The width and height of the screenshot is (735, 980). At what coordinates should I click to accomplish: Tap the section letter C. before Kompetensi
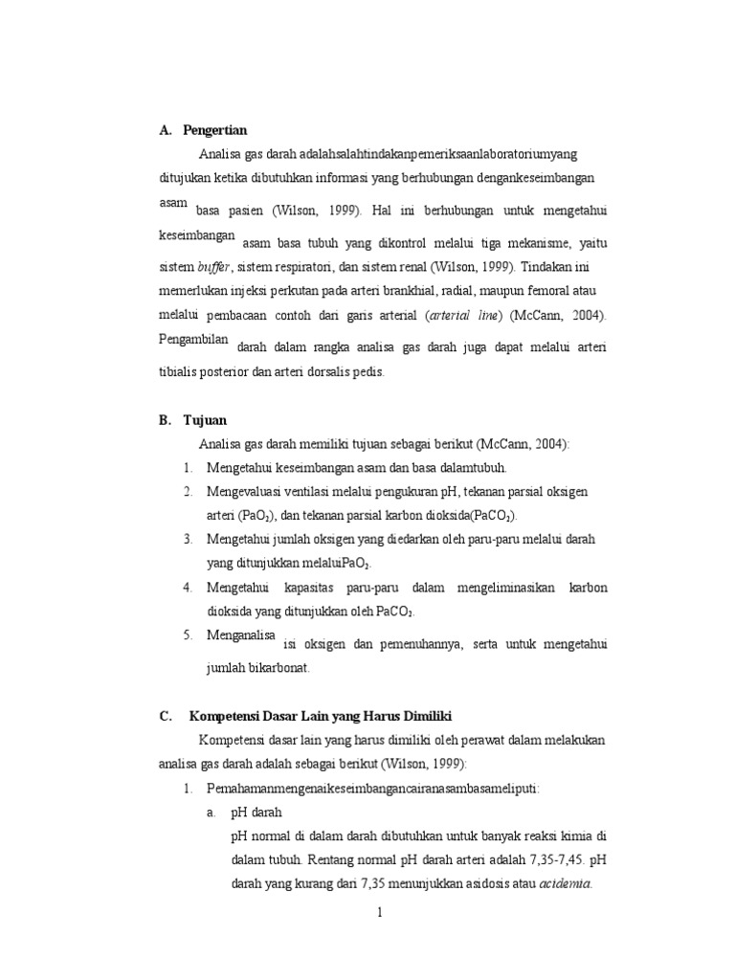pyautogui.click(x=166, y=716)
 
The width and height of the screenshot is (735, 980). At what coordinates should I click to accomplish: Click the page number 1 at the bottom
pyautogui.click(x=379, y=912)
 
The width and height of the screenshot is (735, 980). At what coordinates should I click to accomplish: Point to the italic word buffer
pyautogui.click(x=215, y=265)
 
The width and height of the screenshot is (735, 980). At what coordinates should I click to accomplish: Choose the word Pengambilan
pyautogui.click(x=195, y=339)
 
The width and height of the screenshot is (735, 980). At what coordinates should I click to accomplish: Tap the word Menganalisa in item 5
pyautogui.click(x=240, y=635)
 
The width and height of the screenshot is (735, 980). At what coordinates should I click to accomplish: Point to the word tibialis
pyautogui.click(x=184, y=372)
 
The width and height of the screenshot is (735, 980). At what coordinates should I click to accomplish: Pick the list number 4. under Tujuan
pyautogui.click(x=189, y=587)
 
